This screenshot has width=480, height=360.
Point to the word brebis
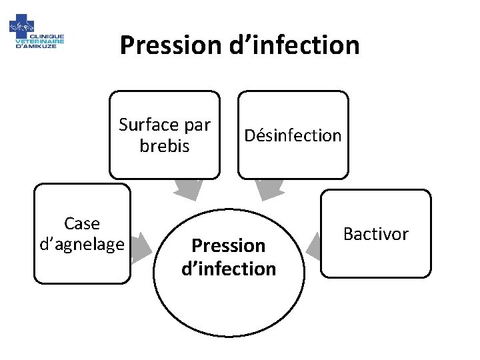(165, 145)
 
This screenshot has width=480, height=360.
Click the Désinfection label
(293, 135)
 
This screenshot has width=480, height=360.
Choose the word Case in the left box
(82, 223)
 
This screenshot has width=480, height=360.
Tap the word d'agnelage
(82, 244)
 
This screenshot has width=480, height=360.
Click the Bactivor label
(375, 233)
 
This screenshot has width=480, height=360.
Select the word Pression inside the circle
(229, 246)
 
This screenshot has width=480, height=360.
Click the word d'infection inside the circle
(229, 269)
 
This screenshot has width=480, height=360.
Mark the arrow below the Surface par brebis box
(188, 189)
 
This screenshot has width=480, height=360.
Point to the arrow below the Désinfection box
(270, 189)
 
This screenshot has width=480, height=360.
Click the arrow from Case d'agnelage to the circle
(142, 245)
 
